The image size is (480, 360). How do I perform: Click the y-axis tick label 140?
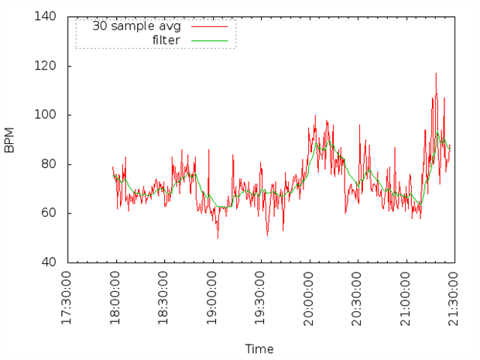point(46,16)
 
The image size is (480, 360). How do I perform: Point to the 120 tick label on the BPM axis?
point(46,66)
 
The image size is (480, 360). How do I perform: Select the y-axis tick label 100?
point(46,115)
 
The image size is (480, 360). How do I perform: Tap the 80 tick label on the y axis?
point(49,164)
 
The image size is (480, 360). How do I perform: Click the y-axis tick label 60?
point(49,213)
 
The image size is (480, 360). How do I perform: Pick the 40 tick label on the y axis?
point(49,262)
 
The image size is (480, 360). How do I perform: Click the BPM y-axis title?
point(9,140)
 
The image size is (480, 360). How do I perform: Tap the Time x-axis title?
point(259,349)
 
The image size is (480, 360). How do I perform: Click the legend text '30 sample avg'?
point(136,26)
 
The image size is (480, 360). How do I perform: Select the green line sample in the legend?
point(210,40)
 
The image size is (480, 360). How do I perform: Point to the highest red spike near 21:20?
point(436,74)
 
